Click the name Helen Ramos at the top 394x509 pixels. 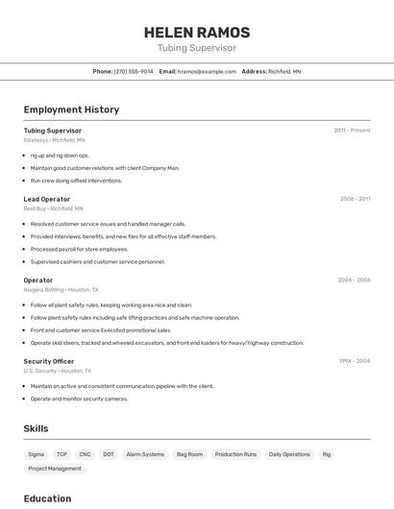tap(197, 33)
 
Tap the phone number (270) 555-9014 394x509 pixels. tap(133, 71)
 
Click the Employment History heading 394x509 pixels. tap(71, 109)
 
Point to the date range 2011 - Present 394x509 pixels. tap(352, 131)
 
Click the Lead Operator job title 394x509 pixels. tap(47, 199)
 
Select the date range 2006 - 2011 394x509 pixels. tap(355, 199)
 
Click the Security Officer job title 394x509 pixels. tap(49, 361)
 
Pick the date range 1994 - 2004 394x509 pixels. tap(355, 361)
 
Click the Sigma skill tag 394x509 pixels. tap(37, 454)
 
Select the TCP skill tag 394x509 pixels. tap(62, 454)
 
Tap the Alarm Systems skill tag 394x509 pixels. tap(145, 454)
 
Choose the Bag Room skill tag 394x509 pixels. tap(188, 454)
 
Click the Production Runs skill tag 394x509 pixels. tap(235, 454)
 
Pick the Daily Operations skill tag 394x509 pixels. tap(289, 454)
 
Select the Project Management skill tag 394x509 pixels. tap(55, 469)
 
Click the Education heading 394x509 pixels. tap(47, 498)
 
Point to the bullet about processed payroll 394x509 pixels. tap(79, 249)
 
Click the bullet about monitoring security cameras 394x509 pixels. tap(79, 399)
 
